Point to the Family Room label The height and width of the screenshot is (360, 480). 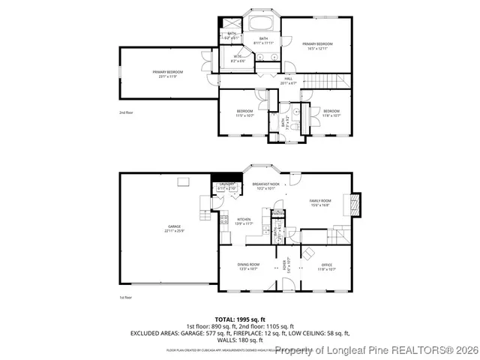pyautogui.click(x=320, y=202)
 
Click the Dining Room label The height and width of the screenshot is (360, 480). pyautogui.click(x=248, y=266)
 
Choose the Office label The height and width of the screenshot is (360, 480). pyautogui.click(x=326, y=266)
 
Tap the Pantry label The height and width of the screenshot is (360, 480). pyautogui.click(x=277, y=214)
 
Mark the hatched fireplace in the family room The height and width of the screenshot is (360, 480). pyautogui.click(x=355, y=203)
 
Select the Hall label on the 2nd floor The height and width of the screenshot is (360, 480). pyautogui.click(x=288, y=81)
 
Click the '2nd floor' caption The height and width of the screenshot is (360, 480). pyautogui.click(x=125, y=112)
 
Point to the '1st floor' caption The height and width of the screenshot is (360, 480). pyautogui.click(x=125, y=298)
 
